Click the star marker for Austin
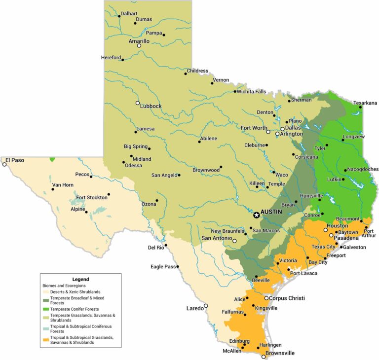pyautogui.click(x=256, y=215)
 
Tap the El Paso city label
pyautogui.click(x=15, y=160)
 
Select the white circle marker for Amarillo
pyautogui.click(x=139, y=45)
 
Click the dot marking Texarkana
pyautogui.click(x=360, y=107)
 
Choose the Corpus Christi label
pyautogui.click(x=288, y=298)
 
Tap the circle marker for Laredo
pyautogui.click(x=206, y=306)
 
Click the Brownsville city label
pyautogui.click(x=280, y=353)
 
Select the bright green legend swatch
pyautogui.click(x=46, y=309)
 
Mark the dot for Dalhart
pyautogui.click(x=119, y=16)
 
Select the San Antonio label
pyautogui.click(x=216, y=238)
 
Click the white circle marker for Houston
pyautogui.click(x=326, y=230)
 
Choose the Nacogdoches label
pyautogui.click(x=363, y=169)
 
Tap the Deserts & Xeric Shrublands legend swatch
pyautogui.click(x=46, y=292)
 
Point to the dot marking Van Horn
pyautogui.click(x=53, y=189)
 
